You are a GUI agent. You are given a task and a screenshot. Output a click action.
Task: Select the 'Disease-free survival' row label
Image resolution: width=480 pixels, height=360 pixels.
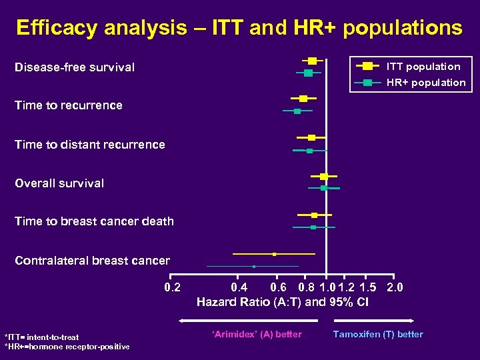point(75,67)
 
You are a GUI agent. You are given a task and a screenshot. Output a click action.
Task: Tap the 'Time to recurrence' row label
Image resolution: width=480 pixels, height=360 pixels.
point(69,105)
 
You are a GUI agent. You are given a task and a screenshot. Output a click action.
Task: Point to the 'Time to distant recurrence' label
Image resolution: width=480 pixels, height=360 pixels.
point(90,145)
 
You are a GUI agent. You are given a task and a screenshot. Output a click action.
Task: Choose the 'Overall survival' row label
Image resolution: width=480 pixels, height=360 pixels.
point(59,183)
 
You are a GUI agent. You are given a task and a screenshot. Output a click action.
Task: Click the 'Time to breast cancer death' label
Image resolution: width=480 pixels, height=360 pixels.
point(94,221)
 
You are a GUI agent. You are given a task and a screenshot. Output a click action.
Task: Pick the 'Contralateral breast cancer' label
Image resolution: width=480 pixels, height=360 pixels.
point(92,261)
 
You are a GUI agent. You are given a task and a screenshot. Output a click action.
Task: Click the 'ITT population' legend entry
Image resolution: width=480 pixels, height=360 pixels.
point(423,67)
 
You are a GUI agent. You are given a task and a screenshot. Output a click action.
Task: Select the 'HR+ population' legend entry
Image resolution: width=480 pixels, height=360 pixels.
point(426,83)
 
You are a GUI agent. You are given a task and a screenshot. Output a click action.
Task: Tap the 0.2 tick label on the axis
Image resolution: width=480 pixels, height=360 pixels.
point(173,288)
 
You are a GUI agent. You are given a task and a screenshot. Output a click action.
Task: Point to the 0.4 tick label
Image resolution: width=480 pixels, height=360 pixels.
point(239,288)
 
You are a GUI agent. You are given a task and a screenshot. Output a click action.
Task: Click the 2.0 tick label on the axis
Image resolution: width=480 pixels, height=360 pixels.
point(395,288)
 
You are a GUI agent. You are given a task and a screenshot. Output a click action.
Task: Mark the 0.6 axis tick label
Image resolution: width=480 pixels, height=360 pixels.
point(279,288)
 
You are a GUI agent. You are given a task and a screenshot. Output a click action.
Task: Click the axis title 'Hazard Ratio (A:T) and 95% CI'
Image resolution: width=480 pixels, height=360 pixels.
point(283,302)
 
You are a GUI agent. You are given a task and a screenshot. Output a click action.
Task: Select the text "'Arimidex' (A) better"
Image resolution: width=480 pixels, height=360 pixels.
point(257,335)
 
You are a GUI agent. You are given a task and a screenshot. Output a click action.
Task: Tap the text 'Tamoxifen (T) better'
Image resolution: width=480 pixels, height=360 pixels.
point(378,335)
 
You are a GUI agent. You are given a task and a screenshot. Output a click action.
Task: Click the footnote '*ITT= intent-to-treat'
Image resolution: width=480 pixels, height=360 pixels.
point(41,337)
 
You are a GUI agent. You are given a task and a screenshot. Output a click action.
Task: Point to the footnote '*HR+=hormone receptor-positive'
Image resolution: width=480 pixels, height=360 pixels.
point(67,347)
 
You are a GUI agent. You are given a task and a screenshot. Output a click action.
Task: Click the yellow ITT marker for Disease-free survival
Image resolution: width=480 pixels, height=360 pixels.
point(312,61)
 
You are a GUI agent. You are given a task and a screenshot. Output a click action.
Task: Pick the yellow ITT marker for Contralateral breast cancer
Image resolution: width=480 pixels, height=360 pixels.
point(274,254)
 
